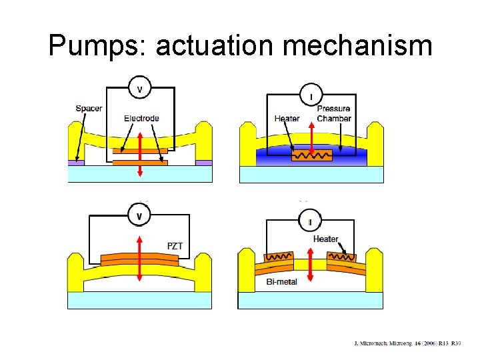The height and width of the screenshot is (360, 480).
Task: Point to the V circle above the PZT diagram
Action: click(x=139, y=216)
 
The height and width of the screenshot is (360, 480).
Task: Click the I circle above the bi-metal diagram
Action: click(x=311, y=221)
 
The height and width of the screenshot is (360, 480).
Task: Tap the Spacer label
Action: click(x=89, y=109)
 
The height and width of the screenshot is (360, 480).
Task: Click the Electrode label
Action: click(x=141, y=119)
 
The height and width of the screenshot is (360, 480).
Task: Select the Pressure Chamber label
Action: click(x=333, y=113)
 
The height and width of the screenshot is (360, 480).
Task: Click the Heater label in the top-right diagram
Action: click(x=287, y=119)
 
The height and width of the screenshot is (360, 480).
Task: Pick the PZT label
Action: click(x=175, y=246)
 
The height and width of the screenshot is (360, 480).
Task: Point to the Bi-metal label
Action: click(x=281, y=281)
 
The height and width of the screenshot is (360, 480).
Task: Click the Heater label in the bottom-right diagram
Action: click(x=325, y=239)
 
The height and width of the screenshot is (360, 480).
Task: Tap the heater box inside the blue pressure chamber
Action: click(x=311, y=156)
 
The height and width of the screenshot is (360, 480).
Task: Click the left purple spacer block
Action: click(x=77, y=162)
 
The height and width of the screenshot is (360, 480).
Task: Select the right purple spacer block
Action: click(x=203, y=162)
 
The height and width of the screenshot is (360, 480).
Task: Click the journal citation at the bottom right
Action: click(x=407, y=344)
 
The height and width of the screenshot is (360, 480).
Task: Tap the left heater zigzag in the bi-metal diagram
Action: click(x=277, y=257)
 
